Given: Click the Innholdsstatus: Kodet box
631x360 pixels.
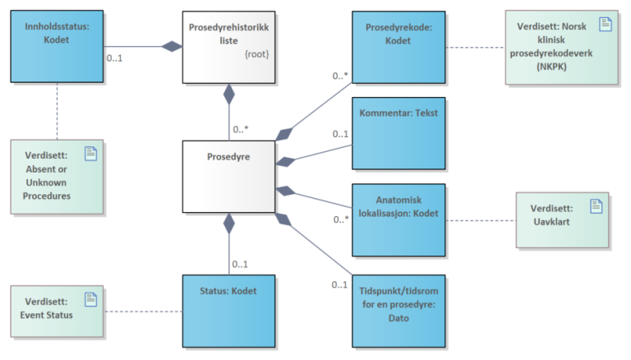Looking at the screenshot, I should (57, 46).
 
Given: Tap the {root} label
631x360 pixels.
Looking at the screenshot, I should (256, 54).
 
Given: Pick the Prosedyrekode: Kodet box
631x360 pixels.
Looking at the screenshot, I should (398, 46).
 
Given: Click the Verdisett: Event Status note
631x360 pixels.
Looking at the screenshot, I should (58, 311).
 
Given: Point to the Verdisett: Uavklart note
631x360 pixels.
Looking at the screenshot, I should (562, 219).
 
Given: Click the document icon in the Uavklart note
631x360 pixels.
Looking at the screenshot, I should (595, 205).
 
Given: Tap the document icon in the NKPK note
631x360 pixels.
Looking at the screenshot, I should (606, 23).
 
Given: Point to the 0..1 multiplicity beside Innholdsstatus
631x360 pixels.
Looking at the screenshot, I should (116, 58).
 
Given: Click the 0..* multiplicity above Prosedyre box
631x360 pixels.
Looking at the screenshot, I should (241, 129).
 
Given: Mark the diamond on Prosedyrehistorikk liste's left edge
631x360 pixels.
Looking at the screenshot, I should (172, 47).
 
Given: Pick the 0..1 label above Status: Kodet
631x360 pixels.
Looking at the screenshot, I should (241, 264).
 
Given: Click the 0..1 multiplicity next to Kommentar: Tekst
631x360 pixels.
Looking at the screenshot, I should (340, 133).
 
